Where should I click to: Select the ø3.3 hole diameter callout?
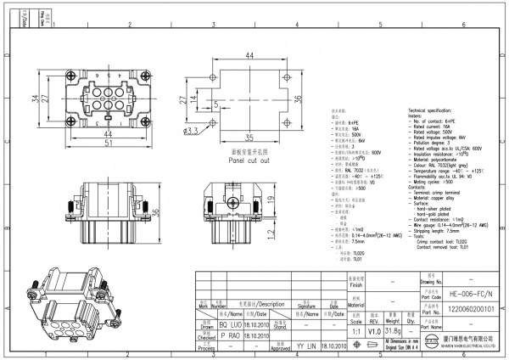[x=191, y=131]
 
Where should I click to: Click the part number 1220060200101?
[x=466, y=308]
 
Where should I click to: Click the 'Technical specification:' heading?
[x=435, y=111]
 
